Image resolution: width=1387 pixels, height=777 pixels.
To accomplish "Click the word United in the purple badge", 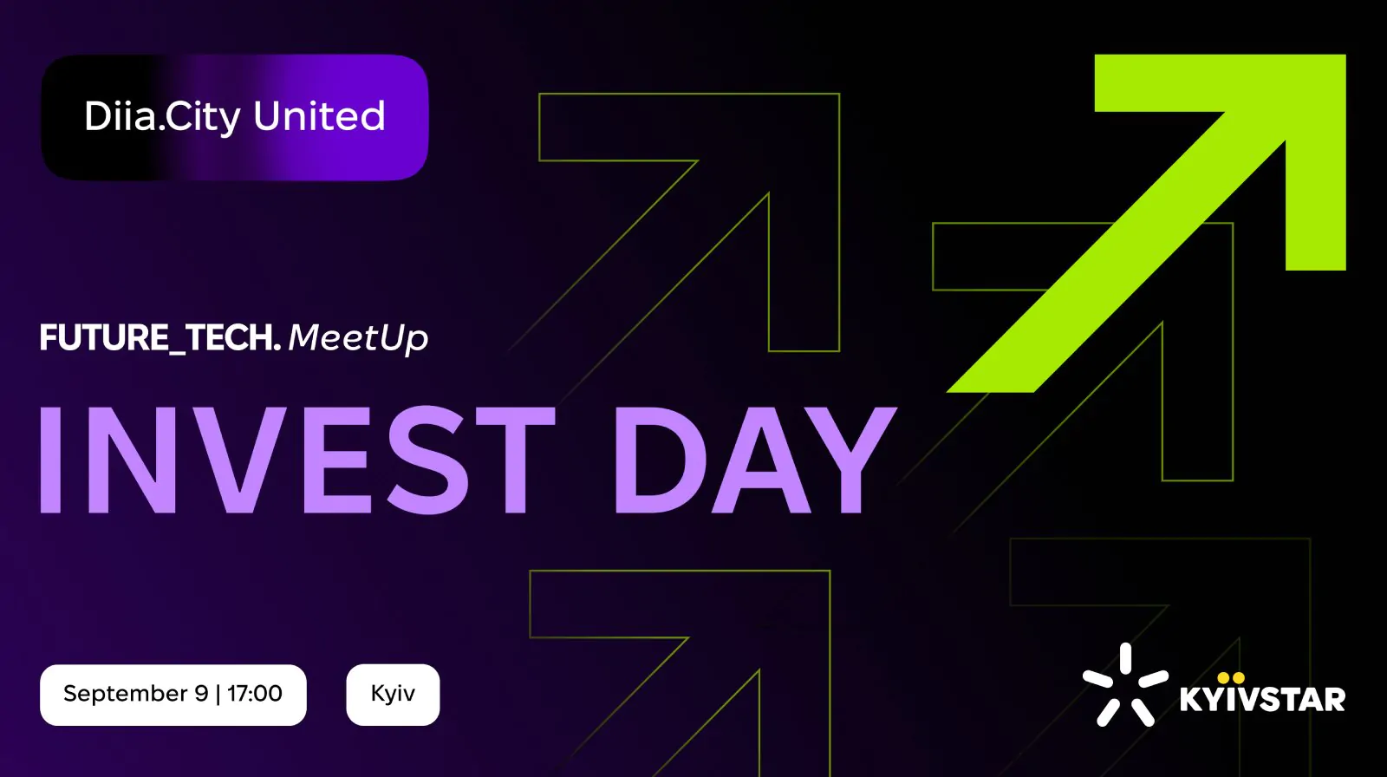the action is pyautogui.click(x=319, y=115).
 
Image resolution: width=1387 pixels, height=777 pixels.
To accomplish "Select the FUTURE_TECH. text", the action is pyautogui.click(x=160, y=337).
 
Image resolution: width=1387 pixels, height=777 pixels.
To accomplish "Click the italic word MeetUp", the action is pyautogui.click(x=358, y=339).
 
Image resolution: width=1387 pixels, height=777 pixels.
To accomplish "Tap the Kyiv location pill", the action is pyautogui.click(x=393, y=694).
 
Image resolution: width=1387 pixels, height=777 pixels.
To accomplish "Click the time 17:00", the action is pyautogui.click(x=255, y=693).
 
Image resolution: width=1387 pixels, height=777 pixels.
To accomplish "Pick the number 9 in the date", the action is pyautogui.click(x=202, y=693).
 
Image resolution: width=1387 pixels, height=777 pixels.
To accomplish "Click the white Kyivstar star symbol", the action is pyautogui.click(x=1125, y=685).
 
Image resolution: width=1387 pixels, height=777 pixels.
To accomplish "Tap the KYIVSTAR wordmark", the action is pyautogui.click(x=1262, y=700).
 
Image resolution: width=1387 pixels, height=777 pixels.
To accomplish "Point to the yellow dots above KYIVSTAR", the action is pyautogui.click(x=1230, y=678).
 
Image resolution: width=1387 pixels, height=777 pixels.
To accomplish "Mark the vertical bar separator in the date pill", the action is pyautogui.click(x=218, y=694).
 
